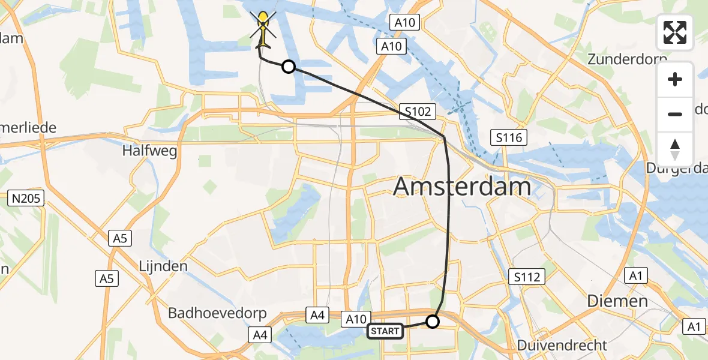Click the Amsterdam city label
click(462, 187)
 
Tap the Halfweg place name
click(149, 151)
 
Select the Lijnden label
click(163, 266)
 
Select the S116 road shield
click(508, 138)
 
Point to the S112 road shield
click(526, 277)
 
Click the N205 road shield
click(27, 199)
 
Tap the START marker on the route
click(385, 331)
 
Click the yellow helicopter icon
click(263, 29)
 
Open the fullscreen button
click(674, 32)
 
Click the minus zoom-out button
click(675, 114)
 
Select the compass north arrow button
click(675, 149)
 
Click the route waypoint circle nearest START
click(432, 322)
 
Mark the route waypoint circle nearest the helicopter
click(289, 67)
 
